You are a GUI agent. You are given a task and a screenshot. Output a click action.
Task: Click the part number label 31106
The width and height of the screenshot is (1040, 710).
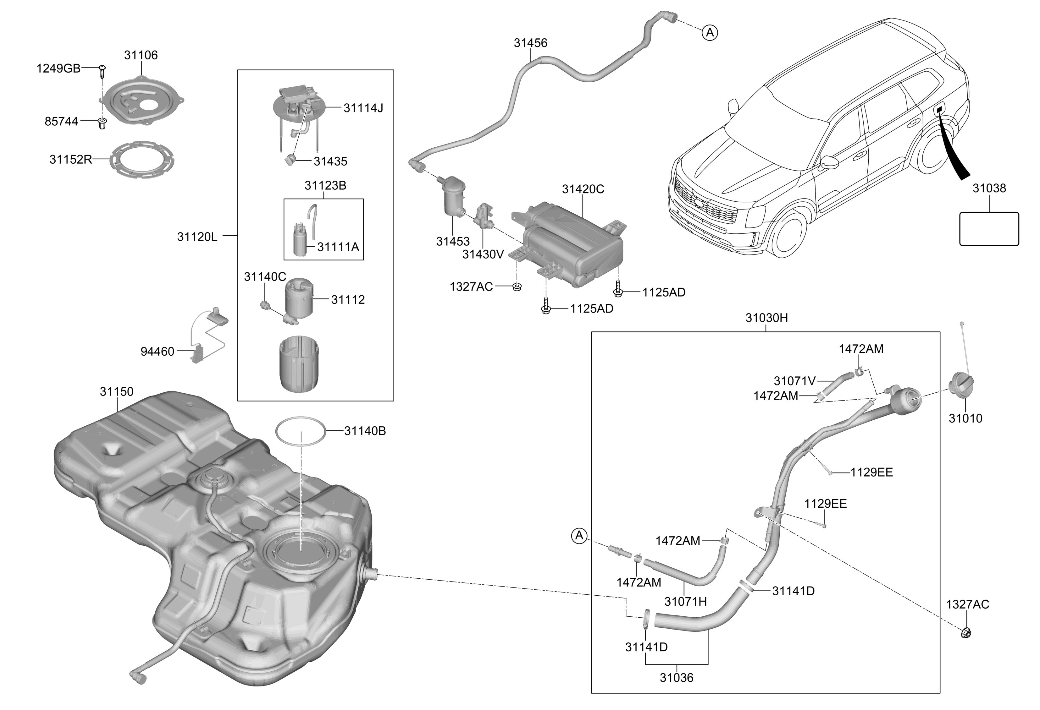point(141,55)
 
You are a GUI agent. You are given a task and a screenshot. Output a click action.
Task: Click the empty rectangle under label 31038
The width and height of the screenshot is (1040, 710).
point(989,229)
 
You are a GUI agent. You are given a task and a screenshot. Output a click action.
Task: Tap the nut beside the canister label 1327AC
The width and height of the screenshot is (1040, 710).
point(517,286)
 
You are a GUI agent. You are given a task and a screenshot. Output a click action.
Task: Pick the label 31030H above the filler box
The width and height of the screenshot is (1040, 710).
point(766,318)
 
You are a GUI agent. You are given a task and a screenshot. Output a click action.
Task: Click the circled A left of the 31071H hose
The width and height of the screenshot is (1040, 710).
point(579,535)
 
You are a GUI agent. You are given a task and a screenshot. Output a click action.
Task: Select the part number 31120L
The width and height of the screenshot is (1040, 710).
point(197,237)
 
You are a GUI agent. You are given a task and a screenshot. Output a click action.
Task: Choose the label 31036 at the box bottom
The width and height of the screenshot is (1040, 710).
point(676,678)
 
